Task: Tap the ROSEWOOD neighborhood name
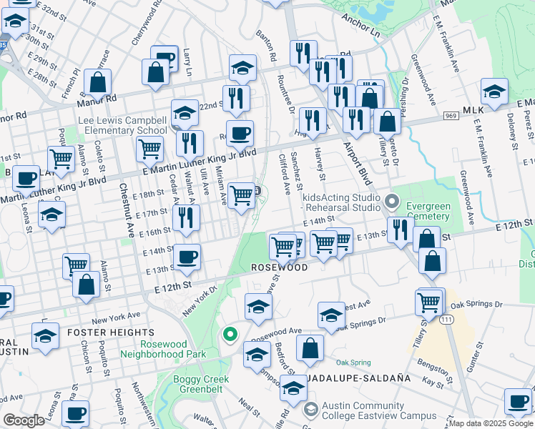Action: pos(279,267)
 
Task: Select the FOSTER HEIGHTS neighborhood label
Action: pos(110,332)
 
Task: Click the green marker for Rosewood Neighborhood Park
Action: pos(230,334)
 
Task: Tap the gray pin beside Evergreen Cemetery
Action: pos(391,201)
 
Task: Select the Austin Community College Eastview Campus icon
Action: pos(310,410)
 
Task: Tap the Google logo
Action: pos(23,420)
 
